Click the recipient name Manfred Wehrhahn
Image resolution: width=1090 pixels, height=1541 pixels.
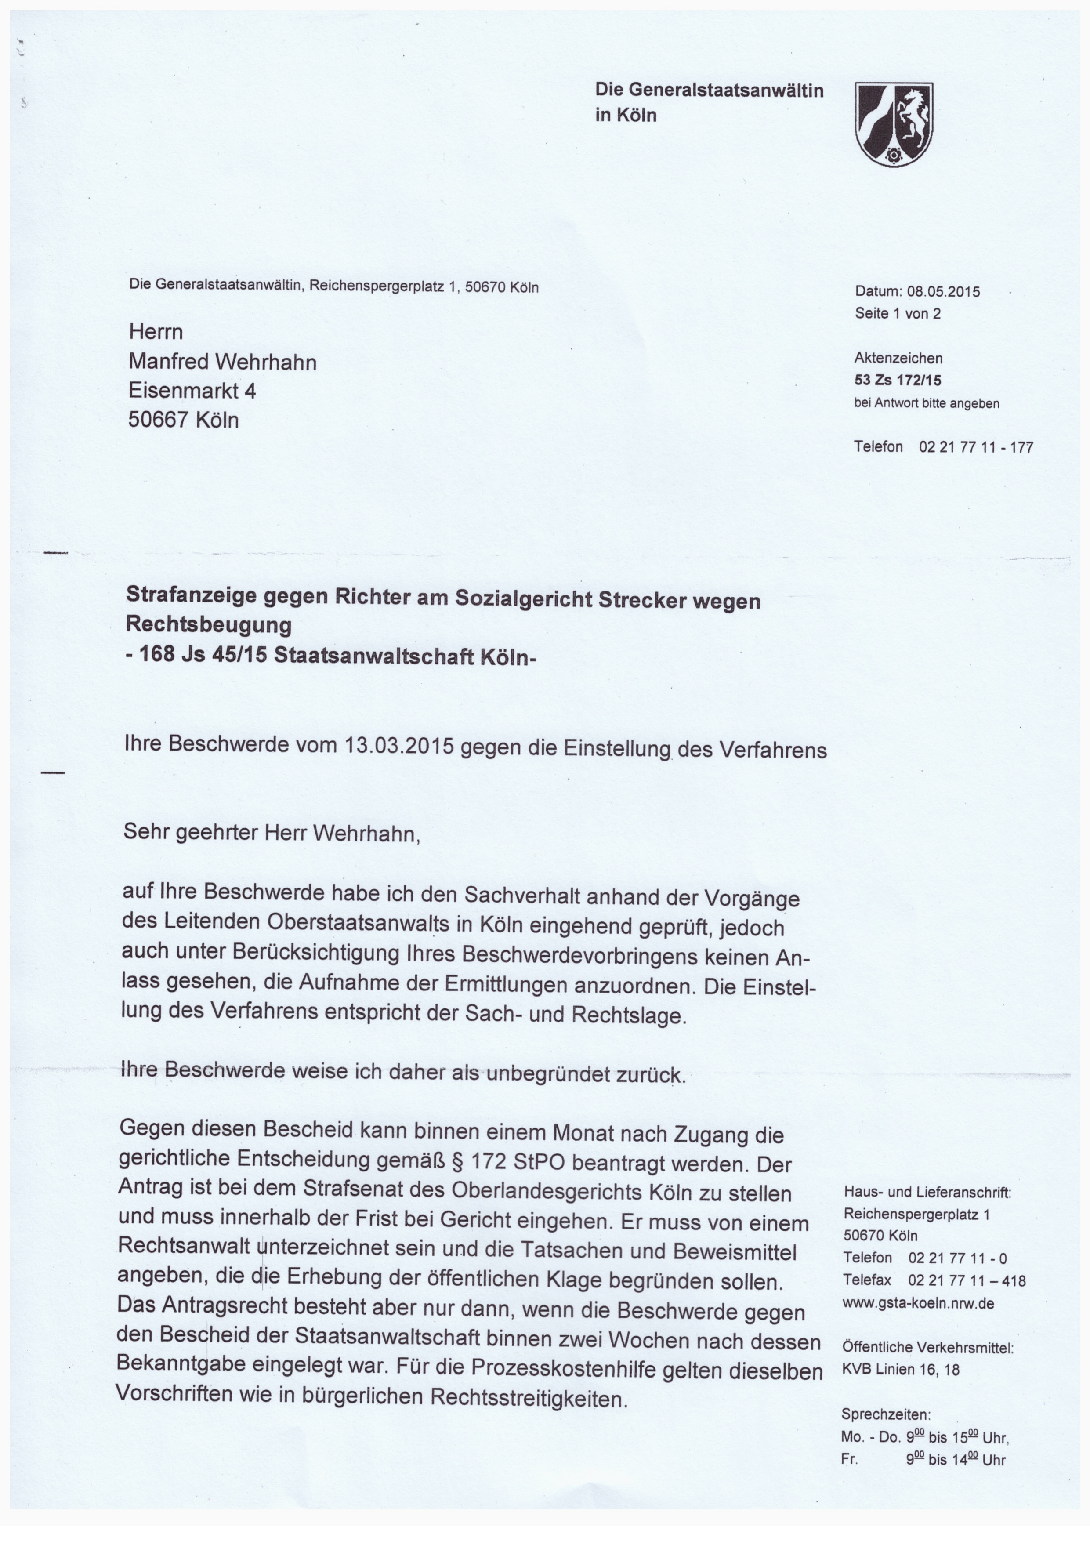pyautogui.click(x=222, y=363)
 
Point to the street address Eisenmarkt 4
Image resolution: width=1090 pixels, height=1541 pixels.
pyautogui.click(x=192, y=391)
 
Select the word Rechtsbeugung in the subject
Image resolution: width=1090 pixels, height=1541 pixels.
pyautogui.click(x=209, y=625)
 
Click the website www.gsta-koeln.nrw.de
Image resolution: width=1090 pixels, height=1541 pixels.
pyautogui.click(x=918, y=1303)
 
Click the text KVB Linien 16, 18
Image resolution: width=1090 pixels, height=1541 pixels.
pyautogui.click(x=901, y=1370)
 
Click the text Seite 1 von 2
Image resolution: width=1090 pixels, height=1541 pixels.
pyautogui.click(x=898, y=313)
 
